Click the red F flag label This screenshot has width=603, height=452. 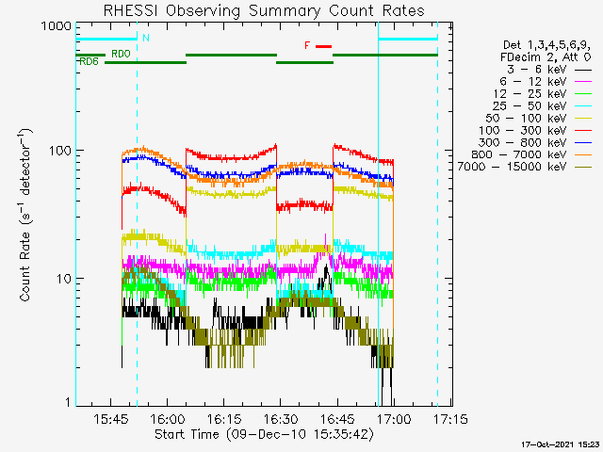pos(307,45)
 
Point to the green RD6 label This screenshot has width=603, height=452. pos(89,62)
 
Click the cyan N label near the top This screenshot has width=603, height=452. pos(145,39)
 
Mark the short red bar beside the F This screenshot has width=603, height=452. pos(323,45)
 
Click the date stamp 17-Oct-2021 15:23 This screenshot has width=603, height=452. pos(560,444)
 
